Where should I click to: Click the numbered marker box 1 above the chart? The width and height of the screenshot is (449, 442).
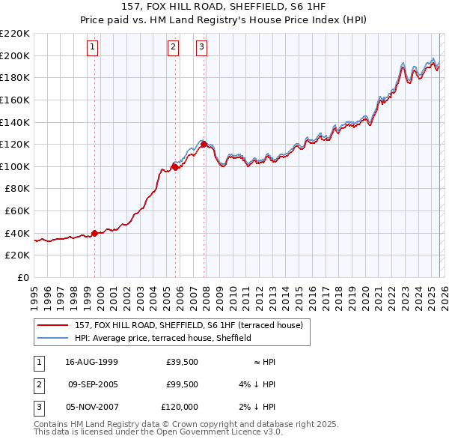(93, 47)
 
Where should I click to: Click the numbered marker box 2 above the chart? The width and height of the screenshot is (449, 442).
(173, 47)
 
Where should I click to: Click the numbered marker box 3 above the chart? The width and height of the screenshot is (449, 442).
(202, 47)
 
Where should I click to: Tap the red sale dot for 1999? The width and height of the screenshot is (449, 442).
(94, 233)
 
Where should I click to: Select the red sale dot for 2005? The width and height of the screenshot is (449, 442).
(175, 167)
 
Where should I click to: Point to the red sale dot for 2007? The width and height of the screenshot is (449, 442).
(204, 144)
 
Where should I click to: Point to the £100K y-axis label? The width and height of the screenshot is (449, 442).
(16, 166)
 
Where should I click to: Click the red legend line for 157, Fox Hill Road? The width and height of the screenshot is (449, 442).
(53, 325)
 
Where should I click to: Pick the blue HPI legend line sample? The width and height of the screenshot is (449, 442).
(53, 338)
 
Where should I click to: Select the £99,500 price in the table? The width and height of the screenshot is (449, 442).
(183, 384)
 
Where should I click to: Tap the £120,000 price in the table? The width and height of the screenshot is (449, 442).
(180, 407)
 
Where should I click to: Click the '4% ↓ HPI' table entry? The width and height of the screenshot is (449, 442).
(259, 384)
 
